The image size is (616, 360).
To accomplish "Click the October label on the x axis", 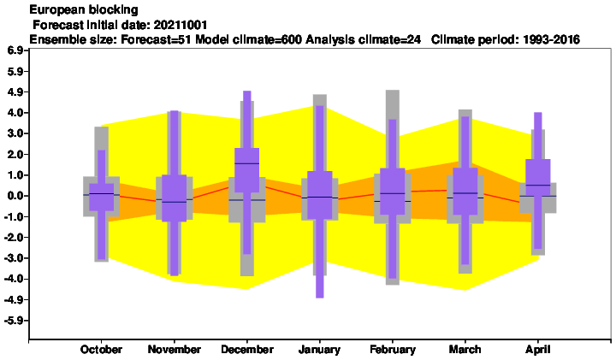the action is pyautogui.click(x=101, y=350).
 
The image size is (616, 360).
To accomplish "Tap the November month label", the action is pyautogui.click(x=174, y=350).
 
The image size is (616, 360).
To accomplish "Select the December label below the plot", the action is pyautogui.click(x=247, y=350).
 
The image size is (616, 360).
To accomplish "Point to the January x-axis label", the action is pyautogui.click(x=319, y=350).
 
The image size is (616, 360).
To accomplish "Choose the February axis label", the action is pyautogui.click(x=393, y=350).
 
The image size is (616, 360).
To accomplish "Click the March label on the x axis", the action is pyautogui.click(x=465, y=350).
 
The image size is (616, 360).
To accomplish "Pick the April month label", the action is pyautogui.click(x=538, y=350).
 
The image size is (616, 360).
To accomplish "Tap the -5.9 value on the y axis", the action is pyautogui.click(x=15, y=321).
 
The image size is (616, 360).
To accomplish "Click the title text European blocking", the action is pyautogui.click(x=84, y=9).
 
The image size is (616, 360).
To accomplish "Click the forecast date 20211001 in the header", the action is pyautogui.click(x=181, y=25).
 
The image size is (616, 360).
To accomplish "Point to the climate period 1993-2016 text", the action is pyautogui.click(x=551, y=39).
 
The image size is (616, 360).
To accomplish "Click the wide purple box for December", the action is pyautogui.click(x=247, y=170).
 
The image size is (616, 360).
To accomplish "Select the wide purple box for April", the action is pyautogui.click(x=538, y=177).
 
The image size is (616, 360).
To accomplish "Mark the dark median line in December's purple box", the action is pyautogui.click(x=247, y=163).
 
